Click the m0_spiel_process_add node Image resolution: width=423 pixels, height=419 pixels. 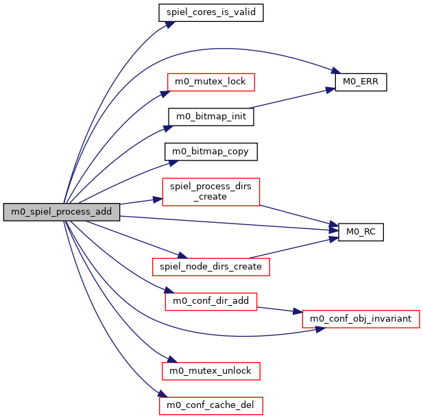coord(61,212)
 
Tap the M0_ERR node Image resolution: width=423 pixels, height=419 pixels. coord(361,82)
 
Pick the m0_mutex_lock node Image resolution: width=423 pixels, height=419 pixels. coord(211,82)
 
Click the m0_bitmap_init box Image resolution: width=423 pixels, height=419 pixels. coord(211,117)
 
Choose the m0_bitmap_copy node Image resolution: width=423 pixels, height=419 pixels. coord(211,151)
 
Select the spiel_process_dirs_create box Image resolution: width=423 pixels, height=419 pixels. coord(210,191)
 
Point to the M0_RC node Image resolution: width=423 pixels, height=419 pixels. coord(361,232)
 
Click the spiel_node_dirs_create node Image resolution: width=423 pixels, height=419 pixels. coord(210,266)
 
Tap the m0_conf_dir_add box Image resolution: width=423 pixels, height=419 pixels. coord(211,300)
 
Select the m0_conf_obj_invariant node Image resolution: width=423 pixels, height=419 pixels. coord(361,318)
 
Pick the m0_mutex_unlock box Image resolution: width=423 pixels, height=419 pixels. coord(211,371)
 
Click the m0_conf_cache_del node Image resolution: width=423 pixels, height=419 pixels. coord(210,405)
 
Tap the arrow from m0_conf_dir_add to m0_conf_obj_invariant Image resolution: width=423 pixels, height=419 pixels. coord(280,309)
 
